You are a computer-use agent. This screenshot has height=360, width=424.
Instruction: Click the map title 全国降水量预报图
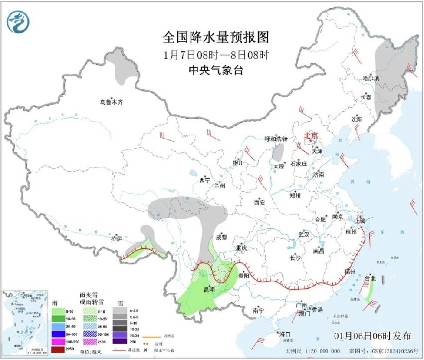(x=216, y=37)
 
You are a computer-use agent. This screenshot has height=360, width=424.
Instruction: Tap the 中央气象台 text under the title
(x=216, y=70)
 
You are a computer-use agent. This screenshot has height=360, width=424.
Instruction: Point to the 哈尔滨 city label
(x=371, y=79)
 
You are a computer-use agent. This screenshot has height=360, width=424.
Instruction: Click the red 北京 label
(x=311, y=135)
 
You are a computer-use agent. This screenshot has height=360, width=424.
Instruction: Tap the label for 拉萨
(x=116, y=238)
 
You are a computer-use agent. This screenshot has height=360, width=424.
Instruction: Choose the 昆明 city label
(x=209, y=289)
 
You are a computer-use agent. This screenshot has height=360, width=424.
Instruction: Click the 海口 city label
(x=284, y=334)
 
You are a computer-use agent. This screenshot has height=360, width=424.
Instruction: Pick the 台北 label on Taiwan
(x=370, y=278)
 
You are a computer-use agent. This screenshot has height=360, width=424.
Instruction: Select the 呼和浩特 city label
(x=276, y=139)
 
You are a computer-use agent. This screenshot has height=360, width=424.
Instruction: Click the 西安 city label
(x=260, y=202)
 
